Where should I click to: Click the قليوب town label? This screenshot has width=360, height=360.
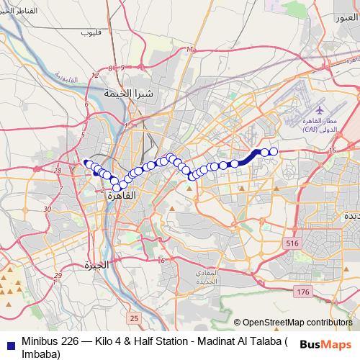[91, 33]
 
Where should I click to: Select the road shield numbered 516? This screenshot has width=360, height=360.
[291, 244]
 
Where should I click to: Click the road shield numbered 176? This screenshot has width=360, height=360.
[302, 292]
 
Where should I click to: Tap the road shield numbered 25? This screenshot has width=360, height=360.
[133, 318]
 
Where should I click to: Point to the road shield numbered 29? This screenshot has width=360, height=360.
[58, 275]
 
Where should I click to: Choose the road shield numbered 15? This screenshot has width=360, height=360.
[332, 150]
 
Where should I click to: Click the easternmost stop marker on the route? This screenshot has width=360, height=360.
[274, 151]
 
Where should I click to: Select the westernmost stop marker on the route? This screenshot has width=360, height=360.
[86, 163]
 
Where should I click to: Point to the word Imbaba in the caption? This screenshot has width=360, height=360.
[35, 353]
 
